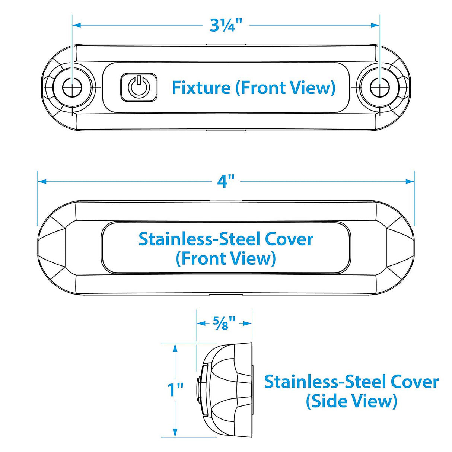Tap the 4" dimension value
(226, 181)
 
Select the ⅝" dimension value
(224, 323)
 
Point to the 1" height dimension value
(175, 390)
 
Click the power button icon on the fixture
(139, 87)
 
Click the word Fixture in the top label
(201, 88)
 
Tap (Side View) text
(351, 401)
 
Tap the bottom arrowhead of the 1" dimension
(174, 433)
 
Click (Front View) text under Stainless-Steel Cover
(226, 258)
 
